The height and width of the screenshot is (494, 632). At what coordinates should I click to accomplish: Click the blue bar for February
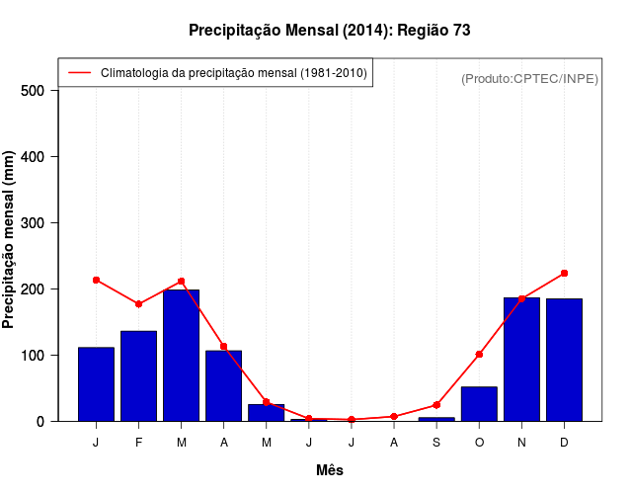pyautogui.click(x=138, y=376)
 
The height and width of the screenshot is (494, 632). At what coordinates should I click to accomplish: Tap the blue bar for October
pyautogui.click(x=479, y=404)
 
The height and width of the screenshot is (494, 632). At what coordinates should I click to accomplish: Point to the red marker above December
pyautogui.click(x=564, y=273)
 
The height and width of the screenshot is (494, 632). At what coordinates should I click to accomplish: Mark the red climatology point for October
pyautogui.click(x=479, y=354)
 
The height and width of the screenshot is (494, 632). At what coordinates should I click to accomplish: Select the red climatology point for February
pyautogui.click(x=138, y=303)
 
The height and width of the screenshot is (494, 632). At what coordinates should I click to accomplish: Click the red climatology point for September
pyautogui.click(x=436, y=405)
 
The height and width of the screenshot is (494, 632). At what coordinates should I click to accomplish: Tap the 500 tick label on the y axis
pyautogui.click(x=34, y=91)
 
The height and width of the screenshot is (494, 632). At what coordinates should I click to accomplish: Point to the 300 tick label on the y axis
pyautogui.click(x=34, y=223)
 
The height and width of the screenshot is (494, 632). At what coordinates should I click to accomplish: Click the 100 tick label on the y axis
pyautogui.click(x=34, y=356)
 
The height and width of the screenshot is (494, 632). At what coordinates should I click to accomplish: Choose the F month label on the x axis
pyautogui.click(x=138, y=443)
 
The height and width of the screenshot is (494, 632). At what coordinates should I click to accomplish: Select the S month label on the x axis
pyautogui.click(x=436, y=443)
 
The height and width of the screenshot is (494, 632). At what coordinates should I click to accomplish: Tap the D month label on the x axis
pyautogui.click(x=564, y=443)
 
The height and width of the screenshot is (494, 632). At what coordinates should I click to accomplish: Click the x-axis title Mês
pyautogui.click(x=330, y=470)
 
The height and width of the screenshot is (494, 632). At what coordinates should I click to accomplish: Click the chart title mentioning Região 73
pyautogui.click(x=330, y=31)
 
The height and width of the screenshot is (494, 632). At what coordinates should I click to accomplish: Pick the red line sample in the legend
pyautogui.click(x=79, y=73)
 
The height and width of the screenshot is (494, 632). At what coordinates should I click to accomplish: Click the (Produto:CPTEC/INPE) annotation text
pyautogui.click(x=529, y=78)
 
